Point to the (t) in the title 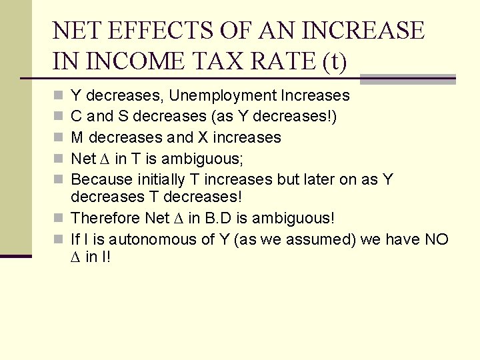point(334,62)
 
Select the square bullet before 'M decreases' point(59,138)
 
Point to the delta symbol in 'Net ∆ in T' point(105,159)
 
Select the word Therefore point(105,219)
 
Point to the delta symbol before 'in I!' point(76,256)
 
